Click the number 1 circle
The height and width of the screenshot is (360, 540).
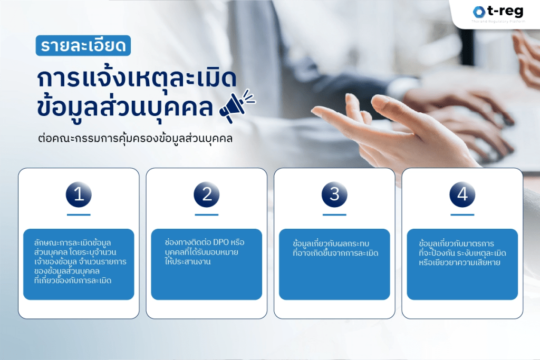(79, 194)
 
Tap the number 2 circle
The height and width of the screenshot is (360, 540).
(207, 194)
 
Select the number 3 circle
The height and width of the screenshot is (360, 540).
(334, 194)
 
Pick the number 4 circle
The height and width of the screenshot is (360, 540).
(462, 194)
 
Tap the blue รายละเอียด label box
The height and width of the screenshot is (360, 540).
(84, 46)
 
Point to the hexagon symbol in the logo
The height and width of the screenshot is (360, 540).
(479, 12)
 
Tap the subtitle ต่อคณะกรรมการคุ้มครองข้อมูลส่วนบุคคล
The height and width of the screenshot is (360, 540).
(136, 140)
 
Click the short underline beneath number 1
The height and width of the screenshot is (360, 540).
(79, 215)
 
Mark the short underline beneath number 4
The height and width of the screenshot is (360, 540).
(462, 215)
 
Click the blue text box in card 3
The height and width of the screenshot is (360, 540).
(334, 264)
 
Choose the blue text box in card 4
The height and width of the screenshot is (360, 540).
(462, 264)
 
